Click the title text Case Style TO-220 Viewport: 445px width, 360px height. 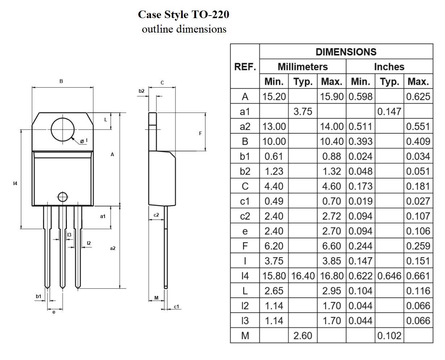[183, 14]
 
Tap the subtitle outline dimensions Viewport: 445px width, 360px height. [184, 29]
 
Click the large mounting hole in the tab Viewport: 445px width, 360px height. [63, 130]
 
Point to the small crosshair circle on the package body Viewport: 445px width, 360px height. [63, 197]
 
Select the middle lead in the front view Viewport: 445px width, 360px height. [63, 246]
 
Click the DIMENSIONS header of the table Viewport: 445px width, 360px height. [346, 52]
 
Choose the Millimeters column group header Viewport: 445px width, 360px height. [302, 67]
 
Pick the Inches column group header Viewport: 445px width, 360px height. [389, 67]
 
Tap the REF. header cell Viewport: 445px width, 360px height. [245, 67]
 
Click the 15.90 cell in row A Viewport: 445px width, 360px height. [331, 97]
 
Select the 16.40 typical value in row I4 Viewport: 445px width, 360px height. [303, 276]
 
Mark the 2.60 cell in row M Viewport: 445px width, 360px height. [303, 336]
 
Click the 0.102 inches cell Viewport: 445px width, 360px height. [389, 336]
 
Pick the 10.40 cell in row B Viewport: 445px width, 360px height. [331, 142]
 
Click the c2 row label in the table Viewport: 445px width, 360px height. [245, 216]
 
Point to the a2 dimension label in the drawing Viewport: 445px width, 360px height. [113, 248]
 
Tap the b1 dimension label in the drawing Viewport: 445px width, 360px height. [39, 296]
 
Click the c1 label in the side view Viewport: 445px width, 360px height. [176, 307]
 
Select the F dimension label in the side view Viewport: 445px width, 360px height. [200, 133]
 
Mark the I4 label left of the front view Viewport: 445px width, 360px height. [15, 184]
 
